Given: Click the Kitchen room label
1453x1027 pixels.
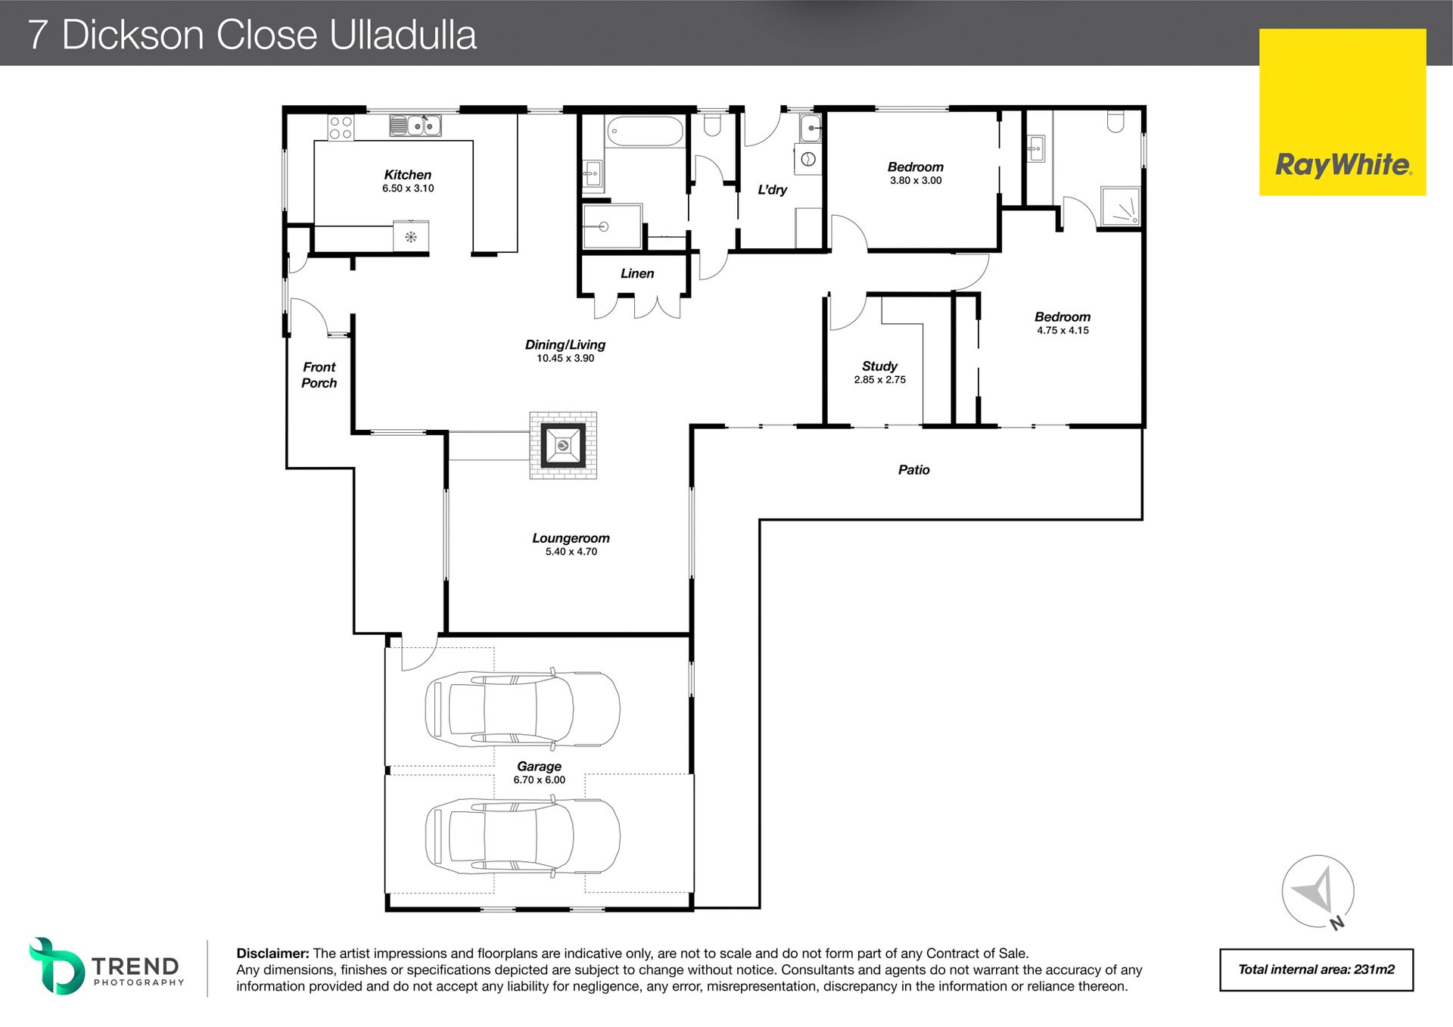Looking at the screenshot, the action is (x=407, y=175).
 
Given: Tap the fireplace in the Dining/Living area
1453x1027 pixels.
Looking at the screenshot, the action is (x=563, y=445).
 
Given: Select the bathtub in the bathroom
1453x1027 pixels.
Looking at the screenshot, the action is (x=646, y=131).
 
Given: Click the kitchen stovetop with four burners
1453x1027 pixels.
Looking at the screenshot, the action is (x=341, y=127).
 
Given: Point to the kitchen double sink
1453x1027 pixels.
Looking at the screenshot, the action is (x=415, y=126).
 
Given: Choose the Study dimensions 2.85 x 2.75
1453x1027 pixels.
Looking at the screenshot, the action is (x=879, y=380).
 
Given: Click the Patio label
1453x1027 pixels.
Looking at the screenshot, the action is (x=913, y=470).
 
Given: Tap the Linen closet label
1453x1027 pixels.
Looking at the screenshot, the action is (x=637, y=273).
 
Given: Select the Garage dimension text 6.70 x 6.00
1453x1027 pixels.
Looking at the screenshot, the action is (x=539, y=780).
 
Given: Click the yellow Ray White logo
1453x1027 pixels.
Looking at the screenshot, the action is (x=1343, y=112).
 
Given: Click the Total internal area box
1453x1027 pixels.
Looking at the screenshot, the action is (x=1316, y=969).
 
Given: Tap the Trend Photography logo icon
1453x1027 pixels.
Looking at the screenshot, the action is (x=56, y=966).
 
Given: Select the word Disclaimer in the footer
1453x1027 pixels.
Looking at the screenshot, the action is (x=272, y=954).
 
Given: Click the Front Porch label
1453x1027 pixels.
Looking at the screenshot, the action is (x=319, y=375).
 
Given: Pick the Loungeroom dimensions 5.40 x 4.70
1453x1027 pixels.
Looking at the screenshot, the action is (x=571, y=552).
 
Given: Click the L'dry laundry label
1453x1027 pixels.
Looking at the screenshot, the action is (x=772, y=190).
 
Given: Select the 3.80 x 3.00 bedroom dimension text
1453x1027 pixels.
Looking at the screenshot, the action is (x=916, y=181).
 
